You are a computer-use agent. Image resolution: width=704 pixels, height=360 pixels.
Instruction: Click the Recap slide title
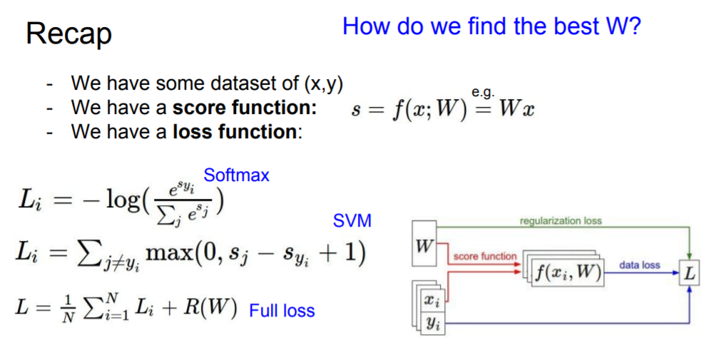[x=68, y=34]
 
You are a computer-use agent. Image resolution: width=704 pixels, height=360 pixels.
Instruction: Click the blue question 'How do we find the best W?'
[x=491, y=26]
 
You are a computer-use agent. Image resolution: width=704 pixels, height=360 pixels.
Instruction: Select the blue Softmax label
[x=236, y=175]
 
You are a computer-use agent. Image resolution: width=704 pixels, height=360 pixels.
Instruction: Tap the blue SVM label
[x=352, y=221]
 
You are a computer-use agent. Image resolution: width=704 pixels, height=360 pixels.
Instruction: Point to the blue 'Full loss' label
[x=282, y=311]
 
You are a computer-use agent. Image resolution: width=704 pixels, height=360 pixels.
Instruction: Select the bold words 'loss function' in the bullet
[x=235, y=132]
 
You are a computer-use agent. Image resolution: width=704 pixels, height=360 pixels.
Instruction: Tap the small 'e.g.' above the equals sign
[x=483, y=92]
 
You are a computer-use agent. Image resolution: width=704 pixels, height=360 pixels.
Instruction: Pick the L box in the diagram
[x=689, y=273]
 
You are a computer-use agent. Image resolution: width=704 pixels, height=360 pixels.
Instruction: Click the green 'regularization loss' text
[x=561, y=221]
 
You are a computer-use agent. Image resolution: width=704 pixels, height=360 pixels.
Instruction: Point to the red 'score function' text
[x=484, y=256]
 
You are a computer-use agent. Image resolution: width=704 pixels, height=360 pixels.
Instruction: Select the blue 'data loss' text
[x=639, y=264]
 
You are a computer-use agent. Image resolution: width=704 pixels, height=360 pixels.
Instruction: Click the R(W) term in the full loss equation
[x=213, y=309]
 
